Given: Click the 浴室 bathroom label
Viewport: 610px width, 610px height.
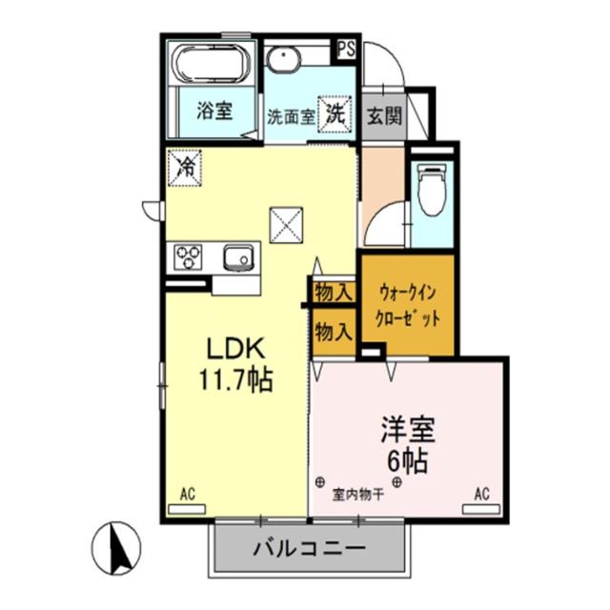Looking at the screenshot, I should coord(213,112).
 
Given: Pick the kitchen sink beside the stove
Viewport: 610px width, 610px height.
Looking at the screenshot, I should coord(237,256).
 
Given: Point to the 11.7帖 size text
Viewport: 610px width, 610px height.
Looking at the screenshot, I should coord(234,381).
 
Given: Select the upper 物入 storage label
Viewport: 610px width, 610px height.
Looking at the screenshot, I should coord(334,293).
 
